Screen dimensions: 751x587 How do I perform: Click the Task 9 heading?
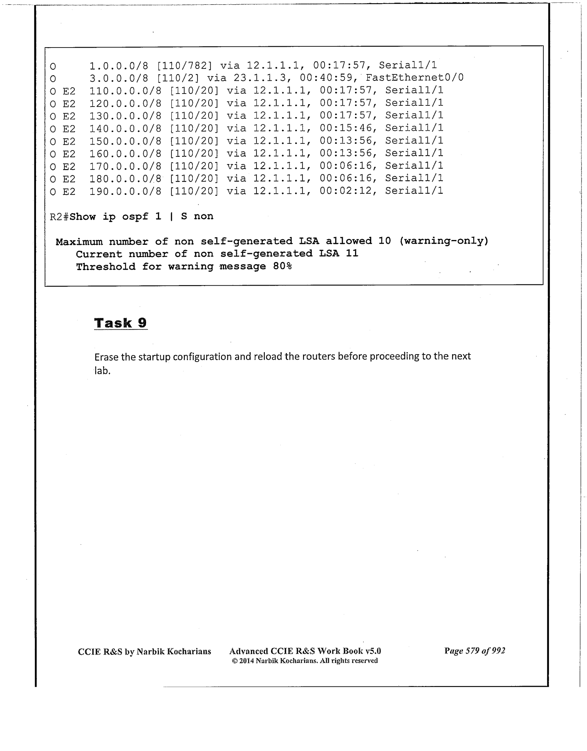[121, 323]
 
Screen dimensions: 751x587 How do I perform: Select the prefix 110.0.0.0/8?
[125, 90]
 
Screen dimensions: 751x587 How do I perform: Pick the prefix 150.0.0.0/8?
[125, 141]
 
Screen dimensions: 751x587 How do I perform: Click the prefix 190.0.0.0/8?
[125, 191]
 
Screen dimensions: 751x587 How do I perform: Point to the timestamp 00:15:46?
[346, 128]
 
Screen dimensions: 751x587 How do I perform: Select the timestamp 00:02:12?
[346, 191]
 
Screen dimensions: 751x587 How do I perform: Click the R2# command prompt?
[59, 216]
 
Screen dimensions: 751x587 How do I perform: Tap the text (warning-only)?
[444, 241]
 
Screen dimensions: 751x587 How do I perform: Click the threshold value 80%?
[282, 267]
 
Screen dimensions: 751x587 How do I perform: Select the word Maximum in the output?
[79, 242]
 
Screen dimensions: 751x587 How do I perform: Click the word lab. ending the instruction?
[102, 371]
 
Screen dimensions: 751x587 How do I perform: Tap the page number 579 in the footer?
[473, 651]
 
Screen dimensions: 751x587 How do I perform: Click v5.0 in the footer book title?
[373, 651]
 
